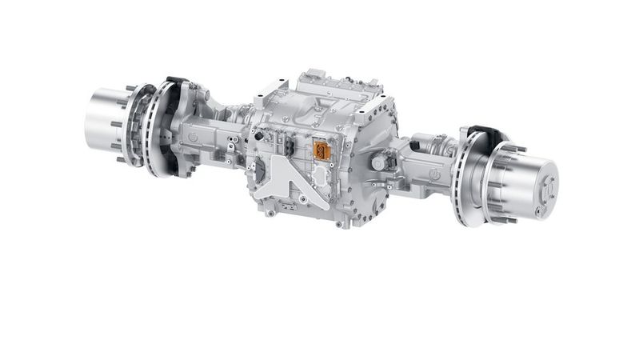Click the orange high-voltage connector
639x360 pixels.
point(322,152)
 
